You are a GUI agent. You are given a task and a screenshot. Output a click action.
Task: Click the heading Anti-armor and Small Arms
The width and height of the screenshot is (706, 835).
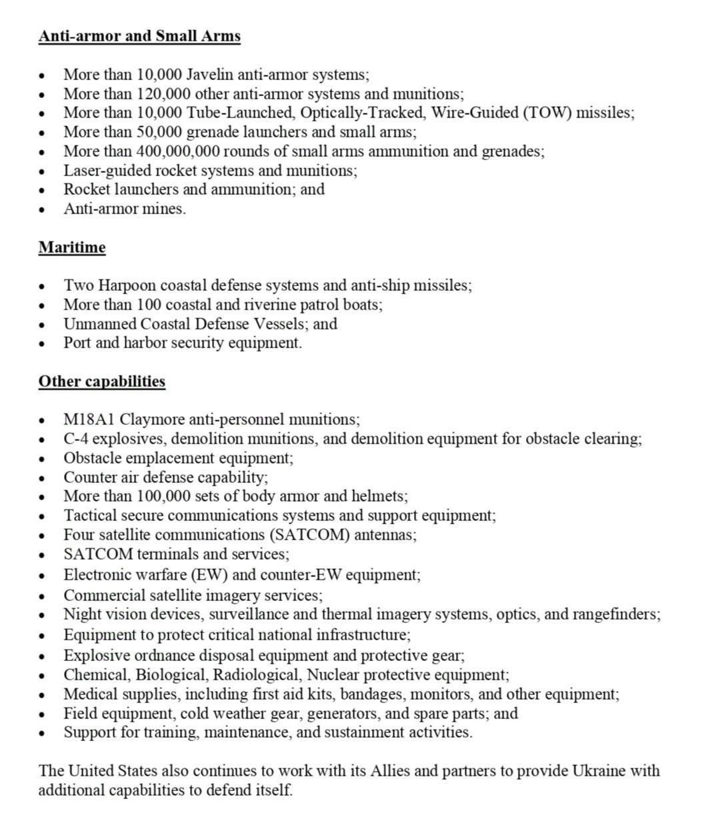pos(139,36)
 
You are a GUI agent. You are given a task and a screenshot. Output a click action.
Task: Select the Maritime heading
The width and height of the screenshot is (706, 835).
pos(72,247)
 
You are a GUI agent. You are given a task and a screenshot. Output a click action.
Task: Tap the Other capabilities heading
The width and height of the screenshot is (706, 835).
pos(102,381)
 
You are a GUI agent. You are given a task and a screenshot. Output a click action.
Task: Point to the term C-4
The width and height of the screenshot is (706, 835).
pos(77,439)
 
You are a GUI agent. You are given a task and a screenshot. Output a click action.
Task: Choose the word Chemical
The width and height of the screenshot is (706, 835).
pos(93,675)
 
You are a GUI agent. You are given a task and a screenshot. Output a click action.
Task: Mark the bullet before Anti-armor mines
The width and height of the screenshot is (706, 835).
pos(43,209)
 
